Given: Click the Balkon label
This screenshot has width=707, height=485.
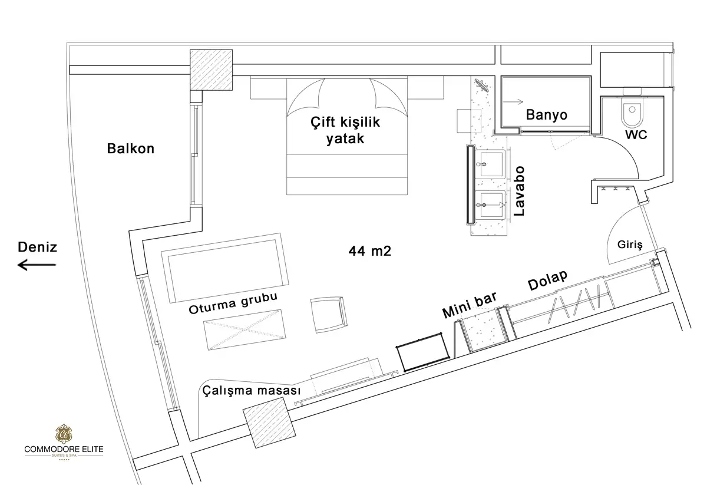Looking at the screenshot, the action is (x=131, y=149).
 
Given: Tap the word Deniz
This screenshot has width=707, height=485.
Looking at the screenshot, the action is (x=37, y=247).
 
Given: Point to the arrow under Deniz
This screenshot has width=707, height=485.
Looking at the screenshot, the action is (x=37, y=265).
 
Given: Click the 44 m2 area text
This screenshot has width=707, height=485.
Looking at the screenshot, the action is (x=369, y=251).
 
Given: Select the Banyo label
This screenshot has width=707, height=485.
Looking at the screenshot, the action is (x=546, y=114).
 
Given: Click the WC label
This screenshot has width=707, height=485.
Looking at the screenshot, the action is (x=636, y=135).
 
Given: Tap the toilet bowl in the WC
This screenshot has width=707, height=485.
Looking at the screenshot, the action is (x=632, y=111).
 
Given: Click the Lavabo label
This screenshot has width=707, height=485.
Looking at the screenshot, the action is (x=519, y=192).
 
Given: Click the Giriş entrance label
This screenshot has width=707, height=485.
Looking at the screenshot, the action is (x=630, y=245).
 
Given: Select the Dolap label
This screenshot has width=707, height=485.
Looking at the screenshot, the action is (x=547, y=280).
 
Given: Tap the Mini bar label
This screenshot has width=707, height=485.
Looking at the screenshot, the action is (x=470, y=305).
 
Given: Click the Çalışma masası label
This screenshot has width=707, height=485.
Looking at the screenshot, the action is (x=251, y=391).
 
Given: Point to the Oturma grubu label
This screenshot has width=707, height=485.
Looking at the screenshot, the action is (x=233, y=303).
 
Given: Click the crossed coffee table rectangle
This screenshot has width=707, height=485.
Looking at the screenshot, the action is (x=245, y=329).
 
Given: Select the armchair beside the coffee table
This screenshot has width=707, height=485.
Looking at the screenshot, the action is (x=329, y=315).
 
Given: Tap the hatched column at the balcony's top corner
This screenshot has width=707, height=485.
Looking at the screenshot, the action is (x=211, y=70).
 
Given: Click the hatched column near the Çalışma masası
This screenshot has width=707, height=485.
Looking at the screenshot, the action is (x=269, y=423).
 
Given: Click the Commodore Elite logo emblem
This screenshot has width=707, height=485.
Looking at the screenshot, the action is (x=64, y=434).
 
